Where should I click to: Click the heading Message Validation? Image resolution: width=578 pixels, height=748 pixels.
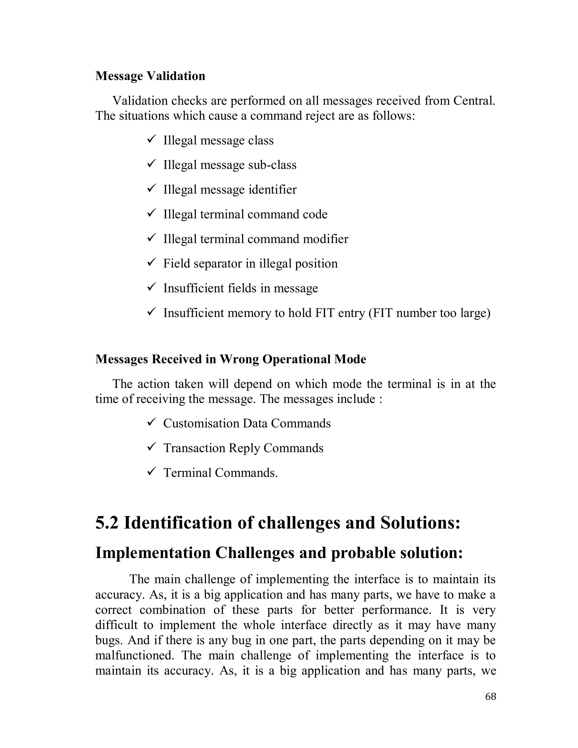click(150, 76)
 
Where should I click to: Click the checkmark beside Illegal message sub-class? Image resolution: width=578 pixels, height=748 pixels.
click(151, 163)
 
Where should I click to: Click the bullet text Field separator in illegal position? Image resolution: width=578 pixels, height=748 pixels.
click(250, 263)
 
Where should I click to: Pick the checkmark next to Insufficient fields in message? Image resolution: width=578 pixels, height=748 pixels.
click(151, 287)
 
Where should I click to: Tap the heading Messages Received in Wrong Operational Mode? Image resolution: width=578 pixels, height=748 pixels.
click(231, 359)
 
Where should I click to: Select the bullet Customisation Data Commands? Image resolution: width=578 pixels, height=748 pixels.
click(247, 423)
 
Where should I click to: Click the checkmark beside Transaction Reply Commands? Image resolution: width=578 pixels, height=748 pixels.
click(151, 447)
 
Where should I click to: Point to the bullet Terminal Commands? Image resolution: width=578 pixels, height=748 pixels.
click(220, 473)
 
